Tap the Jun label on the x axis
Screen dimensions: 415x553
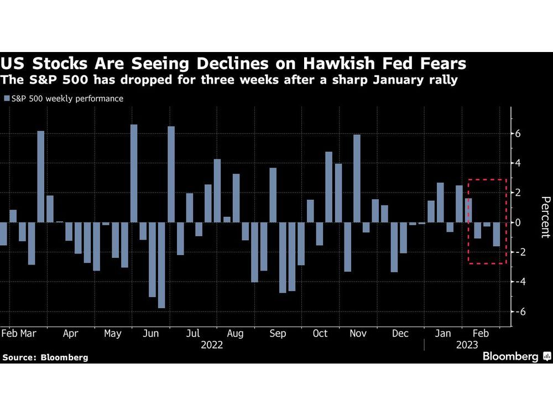coord(151,334)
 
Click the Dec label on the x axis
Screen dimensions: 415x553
coord(399,334)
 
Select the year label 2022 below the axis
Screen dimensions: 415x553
coord(212,345)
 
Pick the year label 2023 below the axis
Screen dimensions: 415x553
coord(467,345)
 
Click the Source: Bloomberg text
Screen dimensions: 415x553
coord(45,357)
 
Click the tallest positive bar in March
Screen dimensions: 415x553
coord(41,177)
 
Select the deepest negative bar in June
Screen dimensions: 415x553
coord(161,265)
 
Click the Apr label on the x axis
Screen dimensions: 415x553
coord(70,334)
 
